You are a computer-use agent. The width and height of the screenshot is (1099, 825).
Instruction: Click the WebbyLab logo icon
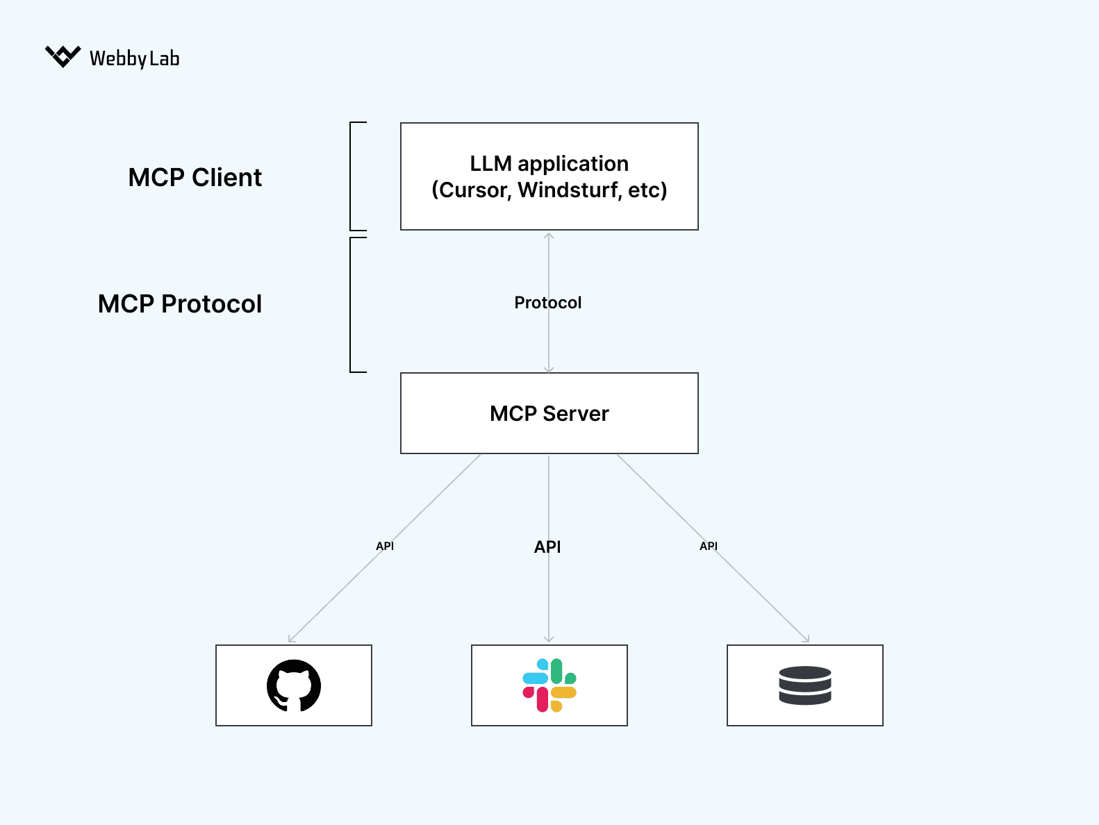pyautogui.click(x=63, y=56)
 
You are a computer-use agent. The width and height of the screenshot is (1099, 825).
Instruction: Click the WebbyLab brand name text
pyautogui.click(x=134, y=58)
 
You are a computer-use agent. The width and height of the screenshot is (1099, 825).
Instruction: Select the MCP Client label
pyautogui.click(x=195, y=178)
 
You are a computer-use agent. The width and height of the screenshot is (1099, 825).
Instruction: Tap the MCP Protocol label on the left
pyautogui.click(x=180, y=304)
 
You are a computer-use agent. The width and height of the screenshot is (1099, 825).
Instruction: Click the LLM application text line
pyautogui.click(x=549, y=164)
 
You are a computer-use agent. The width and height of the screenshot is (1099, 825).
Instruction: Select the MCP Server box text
pyautogui.click(x=549, y=414)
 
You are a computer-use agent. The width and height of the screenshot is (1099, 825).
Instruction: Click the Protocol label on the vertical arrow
pyautogui.click(x=547, y=303)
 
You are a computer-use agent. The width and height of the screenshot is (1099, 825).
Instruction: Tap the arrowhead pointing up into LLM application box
pyautogui.click(x=549, y=236)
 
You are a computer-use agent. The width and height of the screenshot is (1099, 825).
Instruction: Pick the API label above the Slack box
pyautogui.click(x=547, y=547)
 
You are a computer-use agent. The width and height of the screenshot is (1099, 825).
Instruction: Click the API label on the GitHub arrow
pyautogui.click(x=385, y=547)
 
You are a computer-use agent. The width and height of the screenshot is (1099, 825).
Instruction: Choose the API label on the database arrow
pyautogui.click(x=709, y=547)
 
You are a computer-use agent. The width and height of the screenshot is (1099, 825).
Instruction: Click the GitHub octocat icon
pyautogui.click(x=294, y=685)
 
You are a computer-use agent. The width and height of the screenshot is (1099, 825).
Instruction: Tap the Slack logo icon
pyautogui.click(x=549, y=685)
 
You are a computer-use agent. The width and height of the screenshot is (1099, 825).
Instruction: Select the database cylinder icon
pyautogui.click(x=805, y=685)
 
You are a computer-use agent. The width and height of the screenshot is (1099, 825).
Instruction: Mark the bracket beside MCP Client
pyautogui.click(x=352, y=176)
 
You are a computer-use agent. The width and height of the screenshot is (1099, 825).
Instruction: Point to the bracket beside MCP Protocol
pyautogui.click(x=352, y=305)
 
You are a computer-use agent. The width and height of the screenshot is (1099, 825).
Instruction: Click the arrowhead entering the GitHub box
pyautogui.click(x=291, y=640)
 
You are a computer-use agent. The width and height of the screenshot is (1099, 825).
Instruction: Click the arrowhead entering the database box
pyautogui.click(x=807, y=640)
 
